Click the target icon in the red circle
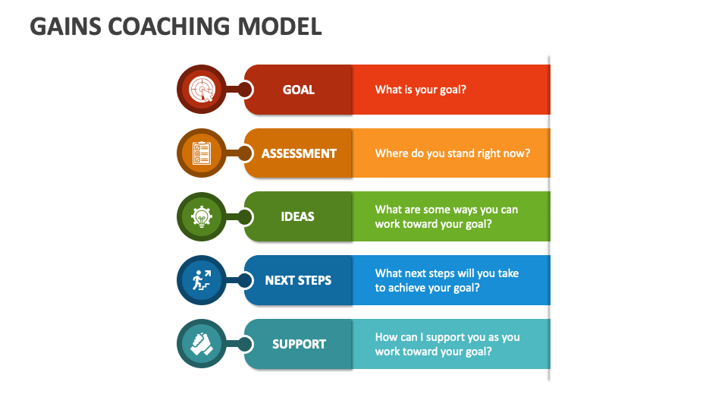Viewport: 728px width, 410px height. pyautogui.click(x=202, y=90)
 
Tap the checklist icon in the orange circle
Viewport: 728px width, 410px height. pyautogui.click(x=202, y=153)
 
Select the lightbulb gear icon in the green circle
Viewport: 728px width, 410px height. pyautogui.click(x=202, y=217)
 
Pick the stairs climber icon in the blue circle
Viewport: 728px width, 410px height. pyautogui.click(x=202, y=280)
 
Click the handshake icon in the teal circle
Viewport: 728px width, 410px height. pyautogui.click(x=202, y=344)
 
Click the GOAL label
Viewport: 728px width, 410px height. pyautogui.click(x=299, y=90)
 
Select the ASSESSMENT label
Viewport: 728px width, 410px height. pyautogui.click(x=299, y=153)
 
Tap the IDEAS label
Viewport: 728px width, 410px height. pyautogui.click(x=297, y=216)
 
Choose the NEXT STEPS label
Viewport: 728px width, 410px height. pyautogui.click(x=298, y=280)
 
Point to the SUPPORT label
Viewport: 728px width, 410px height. pyautogui.click(x=299, y=344)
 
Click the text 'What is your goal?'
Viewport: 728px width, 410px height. pyautogui.click(x=421, y=90)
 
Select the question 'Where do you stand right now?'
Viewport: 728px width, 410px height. pyautogui.click(x=453, y=153)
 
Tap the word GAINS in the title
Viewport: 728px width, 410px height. pyautogui.click(x=61, y=27)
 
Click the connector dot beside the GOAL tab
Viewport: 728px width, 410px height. pyautogui.click(x=244, y=90)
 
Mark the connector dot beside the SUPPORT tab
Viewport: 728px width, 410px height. pyautogui.click(x=244, y=344)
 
